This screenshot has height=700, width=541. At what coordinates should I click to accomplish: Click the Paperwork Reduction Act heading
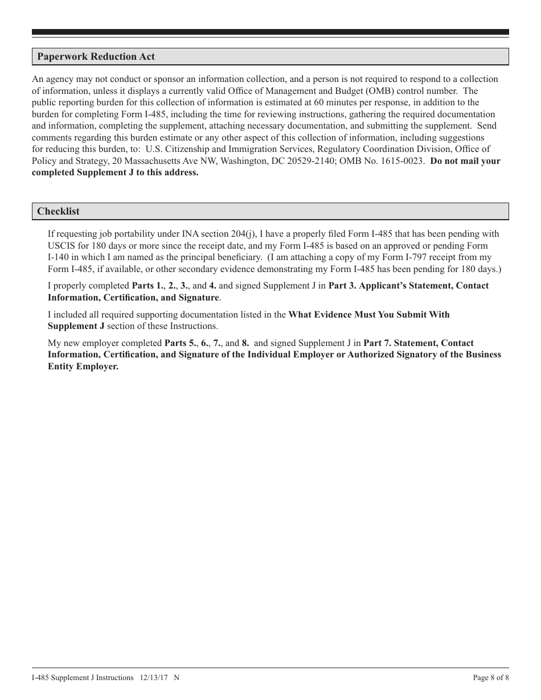coord(96,57)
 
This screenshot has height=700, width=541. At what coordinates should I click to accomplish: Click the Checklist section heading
coord(58,211)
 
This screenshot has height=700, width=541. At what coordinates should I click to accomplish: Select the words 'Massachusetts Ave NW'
coord(157,161)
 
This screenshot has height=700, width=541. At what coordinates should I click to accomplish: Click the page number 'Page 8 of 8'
coord(491,677)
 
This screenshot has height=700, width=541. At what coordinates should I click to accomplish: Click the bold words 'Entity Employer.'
coord(83,366)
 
